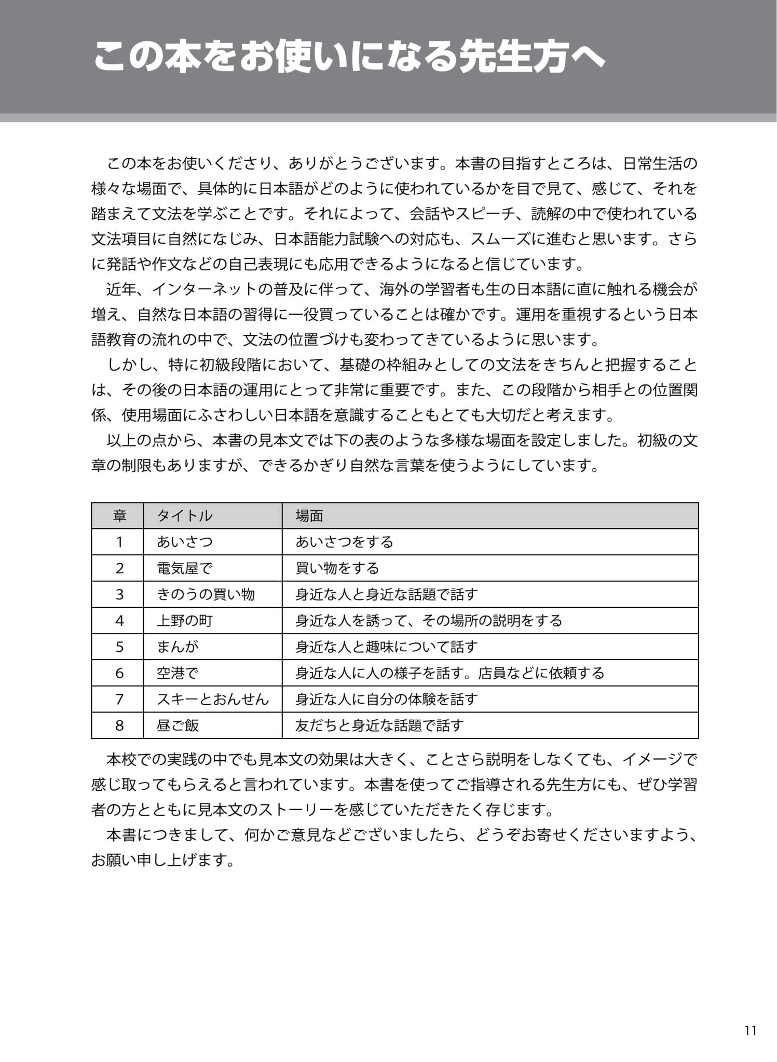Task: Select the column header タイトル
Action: pyautogui.click(x=185, y=515)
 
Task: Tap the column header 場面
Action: pyautogui.click(x=309, y=515)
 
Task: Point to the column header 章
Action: pyautogui.click(x=119, y=515)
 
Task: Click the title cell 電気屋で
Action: pyautogui.click(x=185, y=568)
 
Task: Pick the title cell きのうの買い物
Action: pyautogui.click(x=206, y=594)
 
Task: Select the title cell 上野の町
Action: pyautogui.click(x=185, y=621)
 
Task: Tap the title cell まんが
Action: pyautogui.click(x=178, y=647)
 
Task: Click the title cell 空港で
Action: pyautogui.click(x=178, y=673)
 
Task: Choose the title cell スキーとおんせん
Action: pyautogui.click(x=213, y=699)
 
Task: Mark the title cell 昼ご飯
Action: pyautogui.click(x=178, y=725)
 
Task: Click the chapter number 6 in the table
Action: pyautogui.click(x=119, y=673)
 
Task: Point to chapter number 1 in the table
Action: pyautogui.click(x=119, y=542)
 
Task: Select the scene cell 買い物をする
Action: pyautogui.click(x=337, y=568)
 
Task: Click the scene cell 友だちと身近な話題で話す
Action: pyautogui.click(x=379, y=725)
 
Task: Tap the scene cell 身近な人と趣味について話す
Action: pyautogui.click(x=387, y=647)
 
